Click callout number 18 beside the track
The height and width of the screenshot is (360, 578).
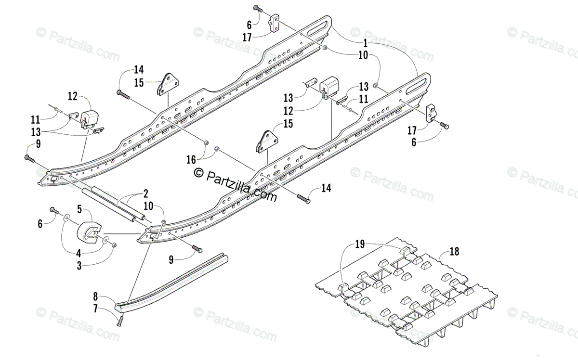tap(454, 251)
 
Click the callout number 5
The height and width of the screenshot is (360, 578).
tap(80, 210)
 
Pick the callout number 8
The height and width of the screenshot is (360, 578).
tap(95, 296)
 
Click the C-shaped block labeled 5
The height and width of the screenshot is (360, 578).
tap(91, 233)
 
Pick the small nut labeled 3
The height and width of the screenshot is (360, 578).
tap(114, 245)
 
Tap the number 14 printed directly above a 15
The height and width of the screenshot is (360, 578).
tap(139, 69)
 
